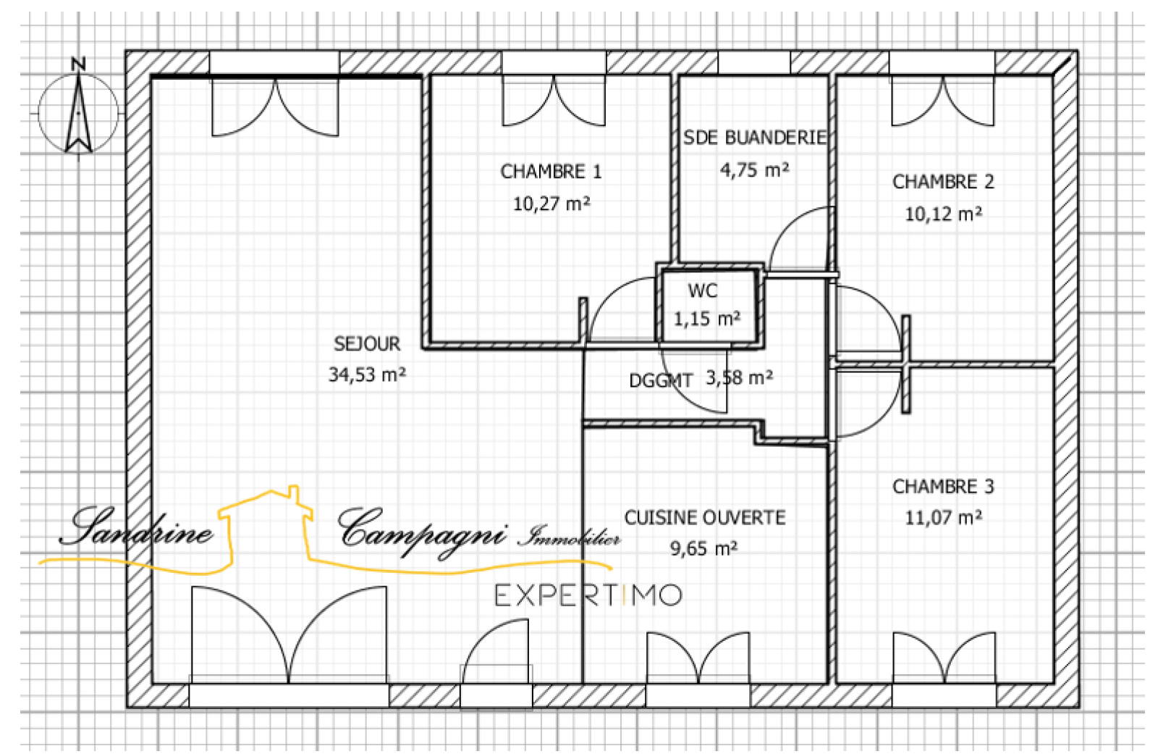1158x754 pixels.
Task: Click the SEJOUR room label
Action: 367,344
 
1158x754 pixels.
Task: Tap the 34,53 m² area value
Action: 367,374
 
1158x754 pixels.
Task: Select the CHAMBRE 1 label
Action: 551,172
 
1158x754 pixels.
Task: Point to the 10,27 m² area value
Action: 551,204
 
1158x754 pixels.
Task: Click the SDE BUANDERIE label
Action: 755,138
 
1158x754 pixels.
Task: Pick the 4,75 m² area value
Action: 755,169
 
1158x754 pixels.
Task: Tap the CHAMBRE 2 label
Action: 944,182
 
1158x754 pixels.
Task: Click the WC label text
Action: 703,291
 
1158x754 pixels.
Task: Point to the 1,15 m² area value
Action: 706,319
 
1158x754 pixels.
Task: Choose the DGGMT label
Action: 660,381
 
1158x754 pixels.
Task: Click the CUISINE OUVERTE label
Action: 705,518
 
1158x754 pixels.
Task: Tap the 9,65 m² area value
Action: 704,548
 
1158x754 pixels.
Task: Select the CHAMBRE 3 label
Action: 944,487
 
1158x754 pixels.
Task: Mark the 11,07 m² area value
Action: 944,517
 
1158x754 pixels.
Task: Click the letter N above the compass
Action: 79,64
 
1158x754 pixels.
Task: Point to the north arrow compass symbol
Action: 79,113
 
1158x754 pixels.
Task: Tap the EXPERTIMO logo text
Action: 588,595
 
